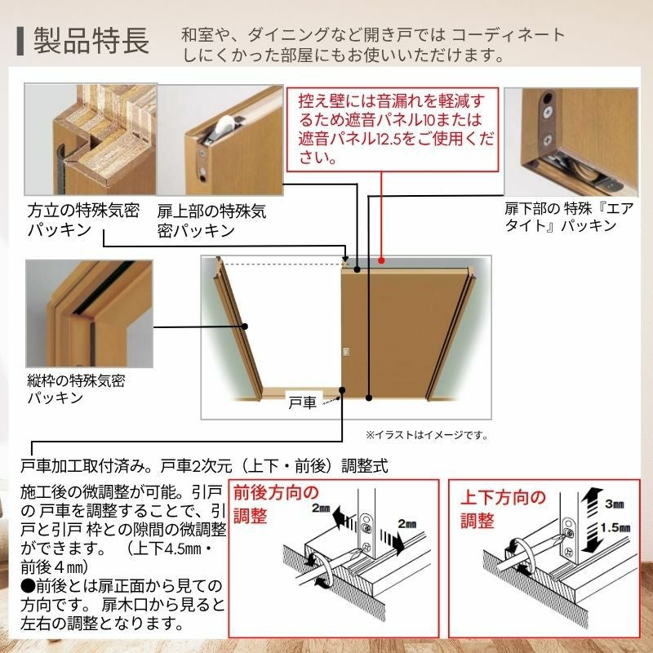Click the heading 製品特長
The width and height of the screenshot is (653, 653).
point(91,41)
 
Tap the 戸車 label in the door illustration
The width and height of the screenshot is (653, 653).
point(302,402)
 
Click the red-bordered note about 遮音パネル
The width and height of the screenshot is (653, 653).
point(393,130)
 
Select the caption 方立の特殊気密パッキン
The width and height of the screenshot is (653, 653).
point(83,220)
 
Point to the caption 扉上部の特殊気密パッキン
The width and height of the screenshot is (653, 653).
point(211,220)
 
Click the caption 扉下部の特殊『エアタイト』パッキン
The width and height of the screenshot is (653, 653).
point(569,216)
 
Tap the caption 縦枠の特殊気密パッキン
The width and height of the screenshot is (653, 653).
point(76,389)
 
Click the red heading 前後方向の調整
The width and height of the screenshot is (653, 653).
point(276,504)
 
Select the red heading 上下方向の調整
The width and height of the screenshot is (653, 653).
point(503,509)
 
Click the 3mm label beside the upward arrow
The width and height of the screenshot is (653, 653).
point(615,504)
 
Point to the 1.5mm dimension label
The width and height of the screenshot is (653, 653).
point(615,528)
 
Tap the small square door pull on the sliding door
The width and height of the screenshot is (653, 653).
point(345,352)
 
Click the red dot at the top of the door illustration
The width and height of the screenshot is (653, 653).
point(381,260)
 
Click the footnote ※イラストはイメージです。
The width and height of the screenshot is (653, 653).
point(427,435)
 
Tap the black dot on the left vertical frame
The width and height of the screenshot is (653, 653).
point(245,326)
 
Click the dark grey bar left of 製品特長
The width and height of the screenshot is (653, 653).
point(20,42)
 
